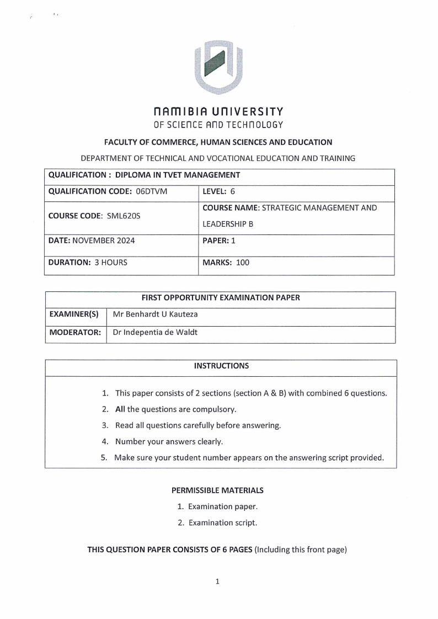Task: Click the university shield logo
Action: (219, 67)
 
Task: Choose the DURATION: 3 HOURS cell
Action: (88, 263)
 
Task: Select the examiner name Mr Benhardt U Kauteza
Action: (155, 314)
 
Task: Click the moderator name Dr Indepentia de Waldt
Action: (154, 333)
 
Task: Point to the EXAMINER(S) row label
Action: (74, 314)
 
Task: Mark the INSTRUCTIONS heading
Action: (221, 366)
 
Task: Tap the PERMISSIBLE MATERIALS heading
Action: (217, 490)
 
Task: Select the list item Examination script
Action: (222, 522)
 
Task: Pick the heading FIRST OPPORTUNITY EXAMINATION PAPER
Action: (221, 297)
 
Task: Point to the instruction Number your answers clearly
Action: (169, 441)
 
